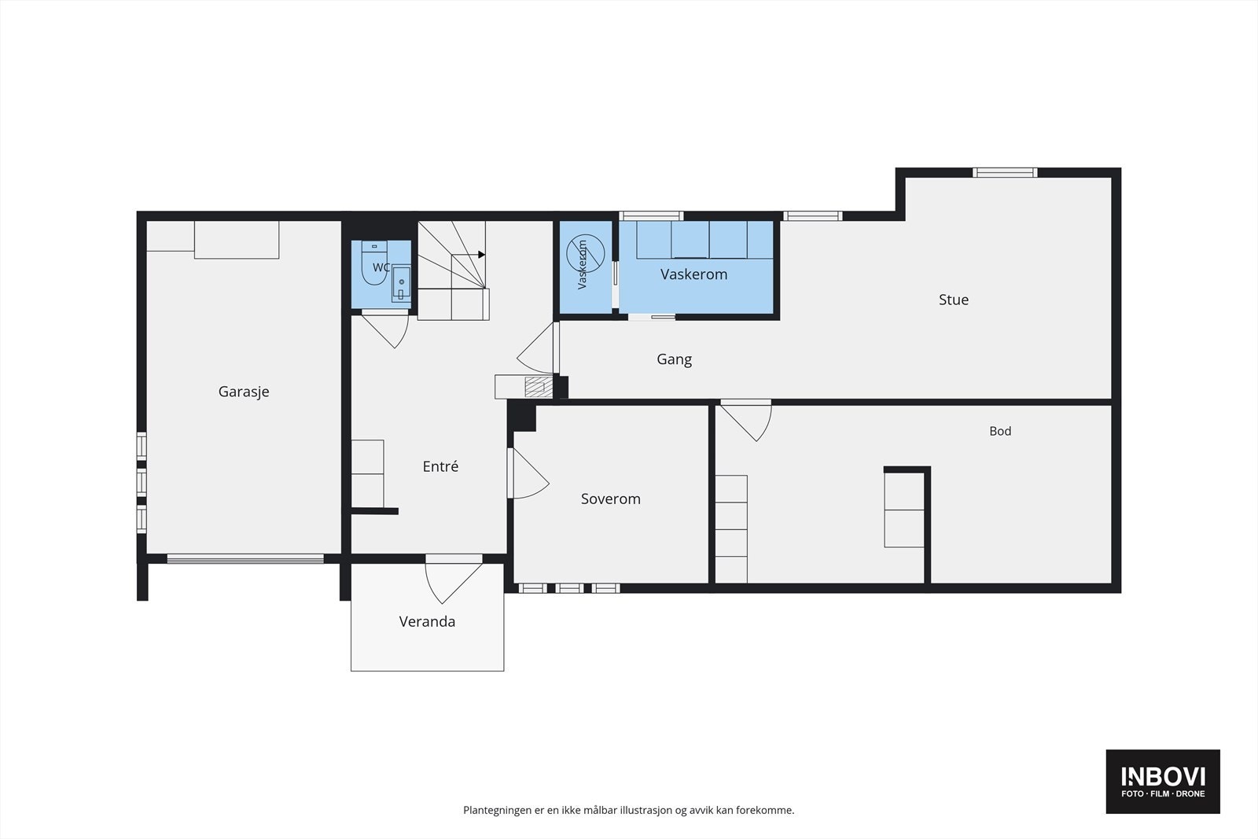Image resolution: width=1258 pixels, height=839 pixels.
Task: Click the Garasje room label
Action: click(244, 392)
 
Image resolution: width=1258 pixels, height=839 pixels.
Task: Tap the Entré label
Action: click(440, 466)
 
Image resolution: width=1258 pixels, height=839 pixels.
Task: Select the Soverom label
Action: click(610, 499)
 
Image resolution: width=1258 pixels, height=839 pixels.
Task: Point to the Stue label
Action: click(954, 300)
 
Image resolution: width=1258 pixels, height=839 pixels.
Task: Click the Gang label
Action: click(674, 359)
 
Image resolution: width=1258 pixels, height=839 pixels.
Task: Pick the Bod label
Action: click(1000, 431)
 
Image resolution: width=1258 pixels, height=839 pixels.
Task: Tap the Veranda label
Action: click(427, 622)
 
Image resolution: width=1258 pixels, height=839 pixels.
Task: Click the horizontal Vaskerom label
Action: click(693, 274)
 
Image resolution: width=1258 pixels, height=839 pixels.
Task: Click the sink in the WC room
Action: click(401, 283)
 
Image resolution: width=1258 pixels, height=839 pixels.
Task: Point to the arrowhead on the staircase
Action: click(481, 255)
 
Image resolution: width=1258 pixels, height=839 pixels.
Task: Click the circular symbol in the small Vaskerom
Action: click(585, 254)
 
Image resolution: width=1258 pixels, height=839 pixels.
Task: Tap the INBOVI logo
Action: click(1163, 781)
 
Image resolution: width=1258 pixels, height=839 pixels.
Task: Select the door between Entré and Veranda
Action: click(454, 579)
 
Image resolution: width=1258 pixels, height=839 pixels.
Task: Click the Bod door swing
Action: click(746, 420)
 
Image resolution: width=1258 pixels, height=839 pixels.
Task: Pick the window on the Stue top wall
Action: click(1005, 172)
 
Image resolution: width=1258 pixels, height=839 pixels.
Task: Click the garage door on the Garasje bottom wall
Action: click(245, 559)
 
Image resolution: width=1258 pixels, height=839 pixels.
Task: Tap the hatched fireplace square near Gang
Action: click(535, 388)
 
